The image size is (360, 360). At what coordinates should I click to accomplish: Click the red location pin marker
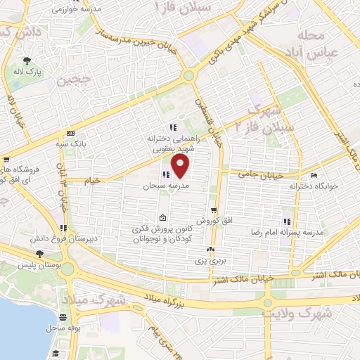click(181, 167)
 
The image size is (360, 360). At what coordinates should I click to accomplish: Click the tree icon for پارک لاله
click(27, 60)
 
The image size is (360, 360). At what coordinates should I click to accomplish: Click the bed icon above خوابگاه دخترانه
click(314, 175)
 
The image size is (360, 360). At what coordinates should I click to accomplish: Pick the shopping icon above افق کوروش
click(213, 210)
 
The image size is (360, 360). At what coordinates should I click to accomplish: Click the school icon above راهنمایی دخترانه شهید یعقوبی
click(172, 127)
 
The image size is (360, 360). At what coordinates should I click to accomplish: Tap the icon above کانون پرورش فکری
click(163, 217)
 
